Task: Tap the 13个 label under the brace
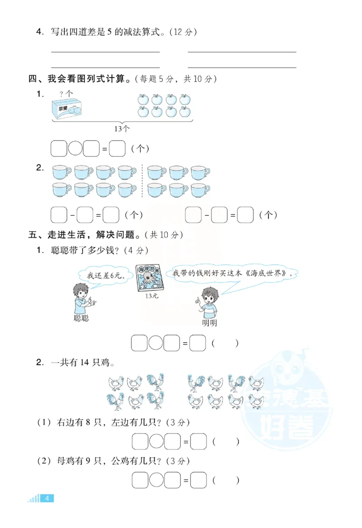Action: pyautogui.click(x=122, y=128)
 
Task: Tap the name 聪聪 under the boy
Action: pyautogui.click(x=81, y=318)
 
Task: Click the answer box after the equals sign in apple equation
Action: pyautogui.click(x=118, y=149)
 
